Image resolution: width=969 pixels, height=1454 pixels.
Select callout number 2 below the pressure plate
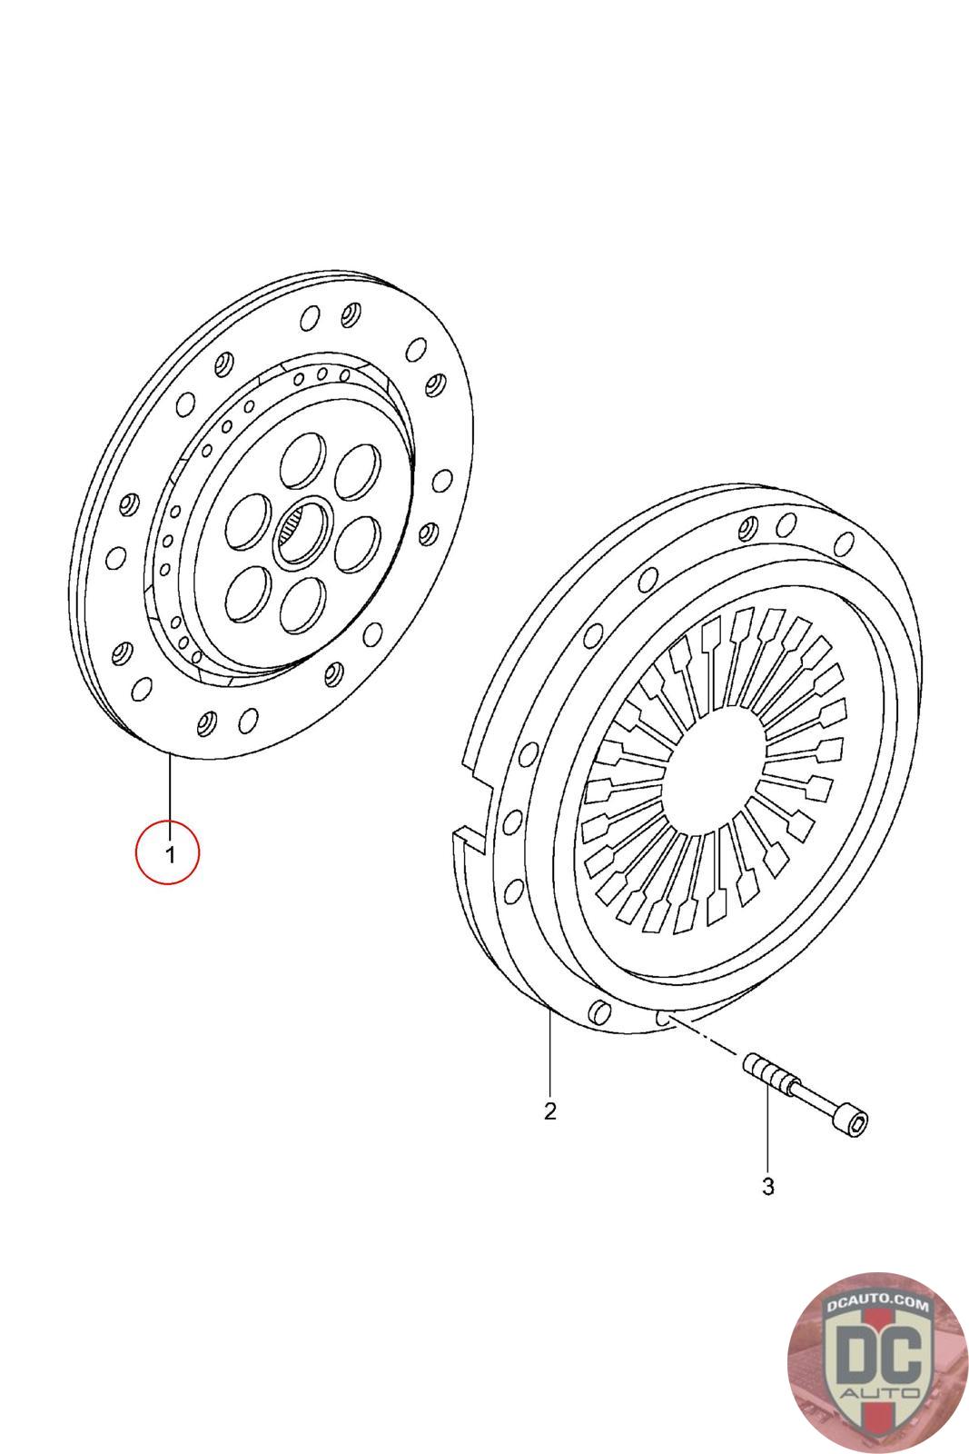tap(550, 1110)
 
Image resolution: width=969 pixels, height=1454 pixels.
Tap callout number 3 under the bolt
tap(768, 1187)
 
